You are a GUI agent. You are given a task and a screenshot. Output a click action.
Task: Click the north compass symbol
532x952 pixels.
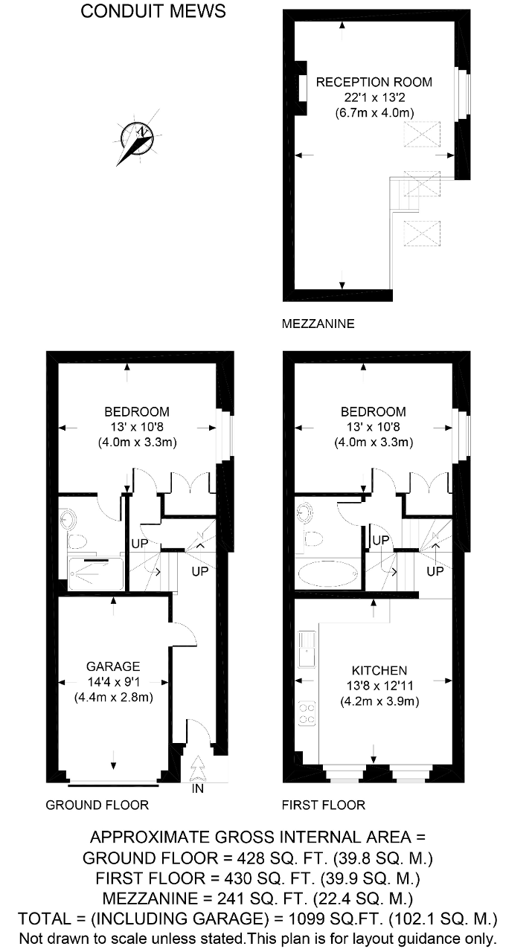point(138,137)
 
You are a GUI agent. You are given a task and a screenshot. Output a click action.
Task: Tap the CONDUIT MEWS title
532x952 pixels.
point(153,11)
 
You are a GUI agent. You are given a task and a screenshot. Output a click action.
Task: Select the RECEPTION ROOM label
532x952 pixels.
point(374,82)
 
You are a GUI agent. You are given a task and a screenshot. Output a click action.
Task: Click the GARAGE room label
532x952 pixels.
point(113,666)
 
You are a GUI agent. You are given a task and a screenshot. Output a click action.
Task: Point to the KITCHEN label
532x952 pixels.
point(379,671)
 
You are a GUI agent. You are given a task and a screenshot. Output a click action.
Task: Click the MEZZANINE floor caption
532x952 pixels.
point(318,324)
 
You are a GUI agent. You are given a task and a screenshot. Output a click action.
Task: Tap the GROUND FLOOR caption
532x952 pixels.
point(97,805)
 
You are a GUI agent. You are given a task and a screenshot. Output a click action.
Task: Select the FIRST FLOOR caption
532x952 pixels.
point(324,805)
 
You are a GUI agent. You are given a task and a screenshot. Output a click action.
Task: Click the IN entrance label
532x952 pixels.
point(198,788)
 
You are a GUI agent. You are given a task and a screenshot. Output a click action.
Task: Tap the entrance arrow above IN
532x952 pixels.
point(197,769)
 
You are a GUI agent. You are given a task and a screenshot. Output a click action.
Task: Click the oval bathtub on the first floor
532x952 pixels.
point(328,573)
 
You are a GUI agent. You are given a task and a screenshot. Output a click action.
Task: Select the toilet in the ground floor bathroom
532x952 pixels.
point(77,542)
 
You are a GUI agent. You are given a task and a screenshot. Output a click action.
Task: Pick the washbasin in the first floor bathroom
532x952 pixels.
point(307,512)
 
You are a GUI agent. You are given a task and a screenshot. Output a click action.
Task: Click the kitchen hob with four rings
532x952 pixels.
point(307,713)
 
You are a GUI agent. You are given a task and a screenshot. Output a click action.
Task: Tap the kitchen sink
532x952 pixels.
point(307,649)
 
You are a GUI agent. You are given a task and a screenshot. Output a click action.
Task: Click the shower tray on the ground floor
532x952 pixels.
point(96,574)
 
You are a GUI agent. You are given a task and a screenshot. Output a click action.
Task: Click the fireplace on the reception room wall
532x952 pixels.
point(301,89)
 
